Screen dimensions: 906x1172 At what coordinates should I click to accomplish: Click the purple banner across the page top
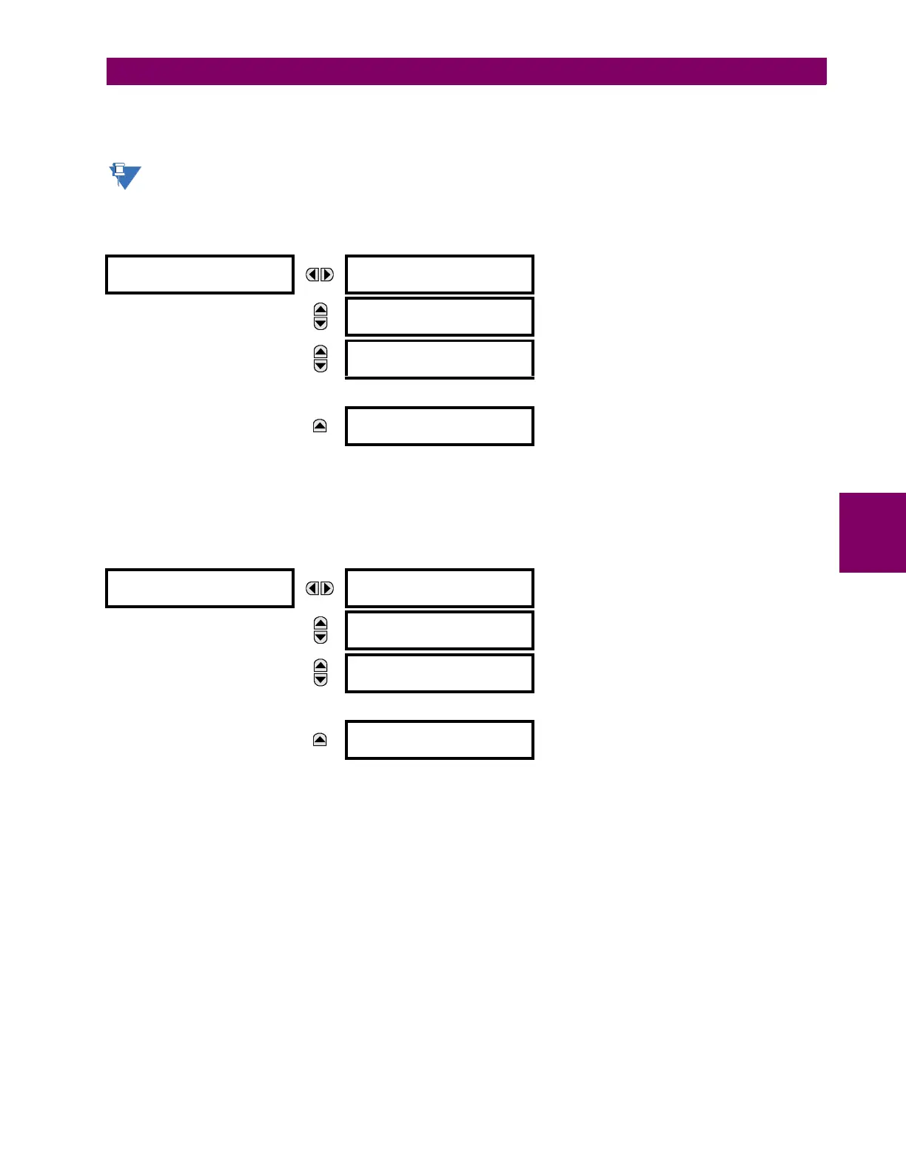click(x=466, y=72)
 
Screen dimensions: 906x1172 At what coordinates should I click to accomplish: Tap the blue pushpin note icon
click(x=124, y=176)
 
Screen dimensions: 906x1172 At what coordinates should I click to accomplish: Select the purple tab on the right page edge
click(x=872, y=533)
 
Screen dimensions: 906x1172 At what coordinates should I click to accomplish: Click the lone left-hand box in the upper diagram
click(x=200, y=275)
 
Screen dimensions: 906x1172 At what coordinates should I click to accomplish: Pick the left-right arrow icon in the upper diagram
click(x=320, y=275)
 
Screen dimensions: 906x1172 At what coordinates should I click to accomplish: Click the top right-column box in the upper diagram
click(x=440, y=275)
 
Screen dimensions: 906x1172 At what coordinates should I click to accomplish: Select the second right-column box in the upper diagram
click(x=440, y=317)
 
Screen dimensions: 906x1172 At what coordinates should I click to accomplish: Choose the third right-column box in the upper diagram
click(x=440, y=359)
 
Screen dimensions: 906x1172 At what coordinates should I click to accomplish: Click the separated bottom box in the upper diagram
click(x=440, y=426)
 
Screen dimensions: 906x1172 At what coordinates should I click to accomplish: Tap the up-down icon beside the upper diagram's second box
click(x=321, y=317)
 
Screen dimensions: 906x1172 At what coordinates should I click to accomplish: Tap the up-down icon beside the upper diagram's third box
click(x=321, y=359)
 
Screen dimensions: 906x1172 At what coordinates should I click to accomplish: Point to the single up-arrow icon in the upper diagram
click(x=320, y=426)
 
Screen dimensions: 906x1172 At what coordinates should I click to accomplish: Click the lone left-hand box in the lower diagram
click(x=200, y=588)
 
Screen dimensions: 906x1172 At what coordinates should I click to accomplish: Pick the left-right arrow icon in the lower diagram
click(x=320, y=588)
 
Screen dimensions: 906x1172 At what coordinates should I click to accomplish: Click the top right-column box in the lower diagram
click(x=440, y=588)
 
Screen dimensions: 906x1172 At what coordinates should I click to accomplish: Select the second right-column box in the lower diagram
click(x=440, y=630)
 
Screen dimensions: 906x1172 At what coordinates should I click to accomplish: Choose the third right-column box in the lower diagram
click(x=440, y=673)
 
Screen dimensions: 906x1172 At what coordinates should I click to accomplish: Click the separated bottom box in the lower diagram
click(x=440, y=740)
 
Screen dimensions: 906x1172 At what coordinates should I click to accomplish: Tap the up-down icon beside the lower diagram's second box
click(x=321, y=630)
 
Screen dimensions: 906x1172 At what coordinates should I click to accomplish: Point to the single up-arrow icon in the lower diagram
click(x=320, y=740)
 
